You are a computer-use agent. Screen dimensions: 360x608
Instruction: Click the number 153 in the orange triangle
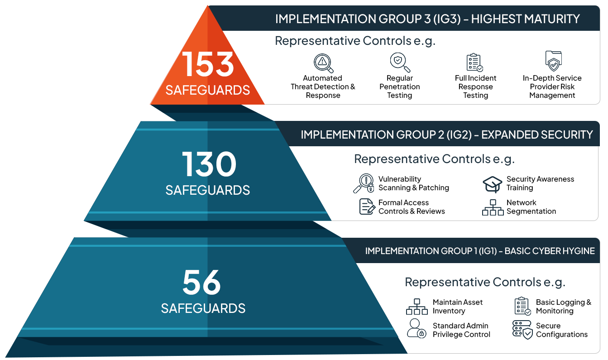tap(208, 64)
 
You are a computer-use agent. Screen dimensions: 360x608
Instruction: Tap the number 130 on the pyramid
tap(209, 164)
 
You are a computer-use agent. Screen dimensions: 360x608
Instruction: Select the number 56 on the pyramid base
tap(201, 283)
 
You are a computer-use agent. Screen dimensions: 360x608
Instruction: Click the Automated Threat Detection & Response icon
tap(323, 62)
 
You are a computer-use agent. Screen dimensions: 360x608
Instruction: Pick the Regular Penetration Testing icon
tap(400, 62)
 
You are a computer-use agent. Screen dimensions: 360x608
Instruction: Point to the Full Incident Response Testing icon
tap(475, 62)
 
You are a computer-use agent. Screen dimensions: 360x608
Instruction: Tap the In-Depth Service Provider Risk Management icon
tap(553, 61)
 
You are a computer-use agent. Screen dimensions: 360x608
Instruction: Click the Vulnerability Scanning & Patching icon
tap(364, 183)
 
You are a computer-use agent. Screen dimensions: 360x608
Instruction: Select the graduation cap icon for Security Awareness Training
tap(493, 184)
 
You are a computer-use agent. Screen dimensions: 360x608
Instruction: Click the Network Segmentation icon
tap(493, 207)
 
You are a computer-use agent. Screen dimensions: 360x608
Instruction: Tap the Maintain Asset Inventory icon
tap(417, 307)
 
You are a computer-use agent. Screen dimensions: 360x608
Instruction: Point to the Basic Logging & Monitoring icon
tap(522, 306)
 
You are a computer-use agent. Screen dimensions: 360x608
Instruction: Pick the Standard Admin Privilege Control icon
tap(416, 329)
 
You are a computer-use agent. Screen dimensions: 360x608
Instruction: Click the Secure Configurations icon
tap(522, 330)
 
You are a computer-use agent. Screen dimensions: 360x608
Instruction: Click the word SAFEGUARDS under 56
tap(203, 308)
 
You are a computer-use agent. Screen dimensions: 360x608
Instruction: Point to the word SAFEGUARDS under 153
tap(208, 90)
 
